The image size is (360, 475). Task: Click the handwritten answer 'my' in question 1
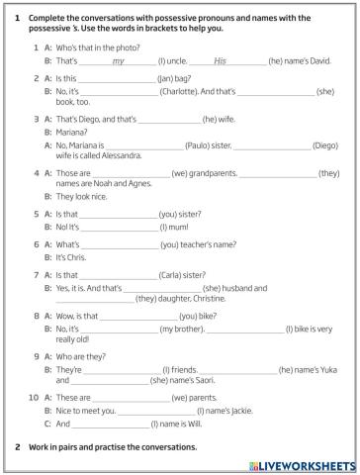coord(118,61)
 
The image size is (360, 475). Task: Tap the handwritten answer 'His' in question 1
coord(220,61)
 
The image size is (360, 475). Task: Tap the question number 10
coord(34,397)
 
